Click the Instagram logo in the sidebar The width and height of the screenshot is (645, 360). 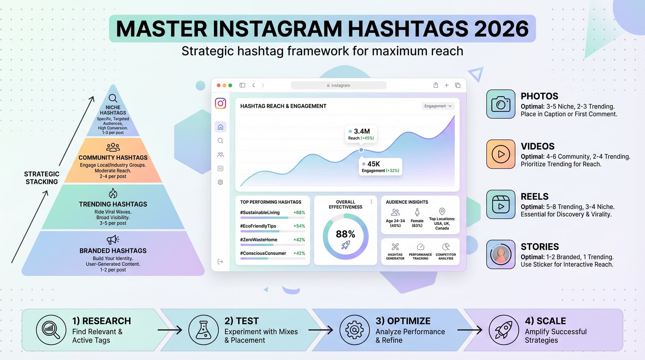point(220,103)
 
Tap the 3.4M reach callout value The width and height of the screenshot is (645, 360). point(362,131)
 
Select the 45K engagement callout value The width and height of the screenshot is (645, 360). point(374,164)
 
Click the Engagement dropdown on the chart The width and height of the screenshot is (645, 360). point(438,106)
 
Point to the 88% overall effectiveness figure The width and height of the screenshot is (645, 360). point(345,234)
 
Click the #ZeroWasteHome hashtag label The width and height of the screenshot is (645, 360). point(259,240)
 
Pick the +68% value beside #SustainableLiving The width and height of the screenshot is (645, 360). point(299,213)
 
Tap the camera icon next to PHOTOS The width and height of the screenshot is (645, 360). point(501,104)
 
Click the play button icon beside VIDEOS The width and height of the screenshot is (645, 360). point(501,154)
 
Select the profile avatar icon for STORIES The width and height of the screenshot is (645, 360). point(501,254)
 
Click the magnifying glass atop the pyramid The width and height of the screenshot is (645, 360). point(113,98)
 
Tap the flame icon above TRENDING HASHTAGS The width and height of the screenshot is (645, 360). point(113,193)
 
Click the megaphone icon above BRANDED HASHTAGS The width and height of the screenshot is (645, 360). point(113,239)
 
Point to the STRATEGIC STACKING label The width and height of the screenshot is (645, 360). point(42,178)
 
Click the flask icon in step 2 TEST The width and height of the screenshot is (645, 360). point(204,330)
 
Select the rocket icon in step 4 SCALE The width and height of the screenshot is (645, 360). point(504,330)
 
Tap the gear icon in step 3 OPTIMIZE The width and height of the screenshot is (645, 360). point(354,330)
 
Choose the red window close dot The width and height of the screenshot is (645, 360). point(219,85)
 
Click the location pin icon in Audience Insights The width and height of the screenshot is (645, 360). point(442,211)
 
